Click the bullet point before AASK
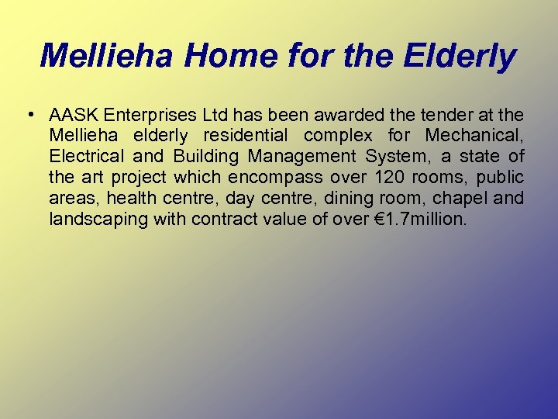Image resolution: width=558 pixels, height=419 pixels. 28,115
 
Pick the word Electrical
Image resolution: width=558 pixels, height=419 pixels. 83,158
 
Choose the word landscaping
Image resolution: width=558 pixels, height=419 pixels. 98,220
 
